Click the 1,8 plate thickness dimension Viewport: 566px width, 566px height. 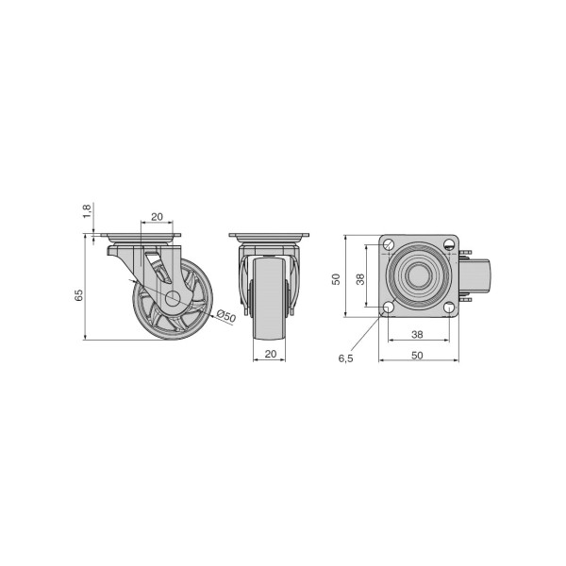(87, 211)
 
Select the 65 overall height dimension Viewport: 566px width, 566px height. (78, 295)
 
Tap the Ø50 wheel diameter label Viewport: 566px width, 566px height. (226, 316)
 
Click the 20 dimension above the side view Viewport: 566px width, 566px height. (157, 217)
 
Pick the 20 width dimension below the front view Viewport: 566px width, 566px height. (271, 354)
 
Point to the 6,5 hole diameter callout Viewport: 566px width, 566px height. (345, 358)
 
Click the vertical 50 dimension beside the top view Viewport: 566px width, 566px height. (336, 279)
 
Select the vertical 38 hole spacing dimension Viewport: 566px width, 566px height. (360, 279)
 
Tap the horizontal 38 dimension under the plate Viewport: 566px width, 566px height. (417, 335)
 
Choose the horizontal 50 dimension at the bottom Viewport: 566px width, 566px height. (417, 356)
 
